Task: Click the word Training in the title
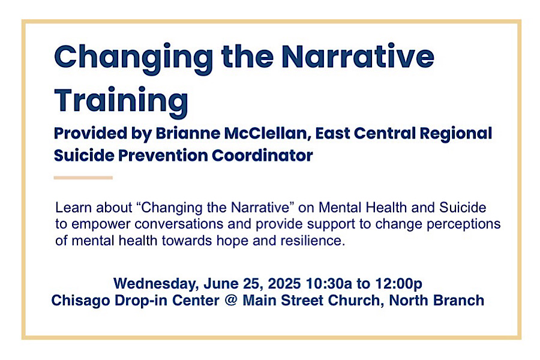tap(121, 101)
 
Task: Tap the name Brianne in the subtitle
tap(188, 133)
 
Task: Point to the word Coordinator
tap(262, 155)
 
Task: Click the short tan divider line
tap(83, 178)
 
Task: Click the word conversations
tap(179, 224)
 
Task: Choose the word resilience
tap(313, 241)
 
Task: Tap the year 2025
tap(284, 284)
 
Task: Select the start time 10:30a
tap(329, 284)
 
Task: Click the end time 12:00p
tap(398, 284)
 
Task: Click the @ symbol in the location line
tap(231, 301)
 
